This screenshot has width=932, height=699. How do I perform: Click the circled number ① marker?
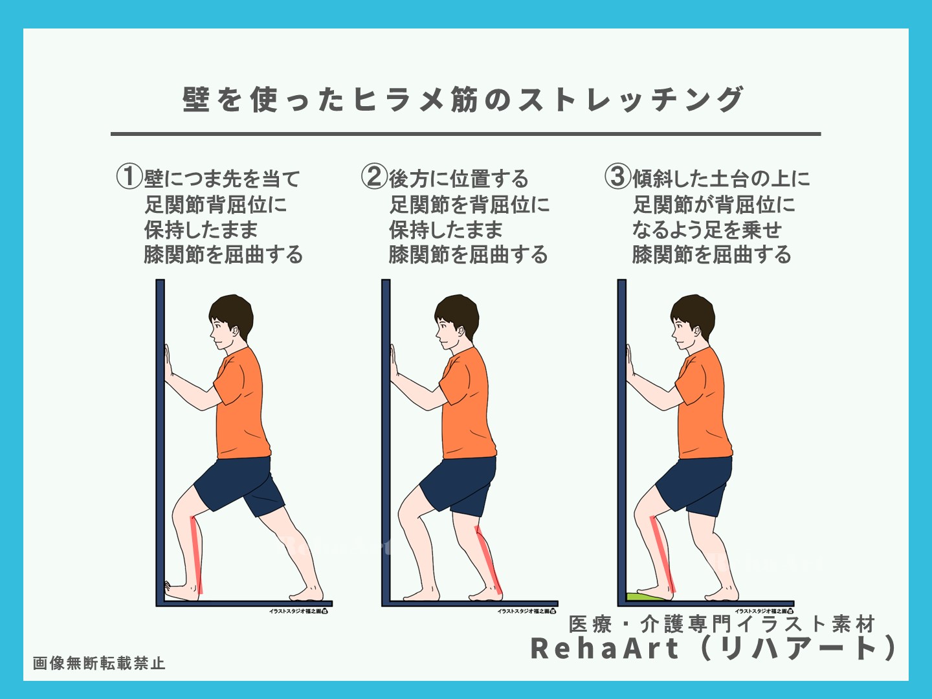pyautogui.click(x=129, y=176)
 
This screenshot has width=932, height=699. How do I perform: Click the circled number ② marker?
pyautogui.click(x=373, y=176)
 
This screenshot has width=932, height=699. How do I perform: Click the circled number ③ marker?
pyautogui.click(x=617, y=176)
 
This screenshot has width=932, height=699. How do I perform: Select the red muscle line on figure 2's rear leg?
pyautogui.click(x=488, y=560)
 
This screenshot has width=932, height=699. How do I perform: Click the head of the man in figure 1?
pyautogui.click(x=230, y=320)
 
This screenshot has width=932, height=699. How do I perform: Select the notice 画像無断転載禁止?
pyautogui.click(x=99, y=663)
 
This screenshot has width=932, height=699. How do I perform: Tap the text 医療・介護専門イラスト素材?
pyautogui.click(x=722, y=624)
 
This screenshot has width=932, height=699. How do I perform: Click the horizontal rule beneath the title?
pyautogui.click(x=465, y=134)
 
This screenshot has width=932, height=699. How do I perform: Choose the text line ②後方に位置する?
pyautogui.click(x=445, y=177)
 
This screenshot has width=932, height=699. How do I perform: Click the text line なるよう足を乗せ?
pyautogui.click(x=707, y=230)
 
